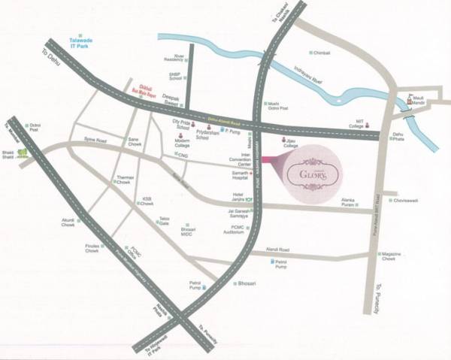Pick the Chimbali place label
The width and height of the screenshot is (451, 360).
tap(321, 53)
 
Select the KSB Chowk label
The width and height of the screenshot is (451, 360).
tap(147, 201)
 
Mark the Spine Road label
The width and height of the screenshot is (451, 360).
tap(95, 140)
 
